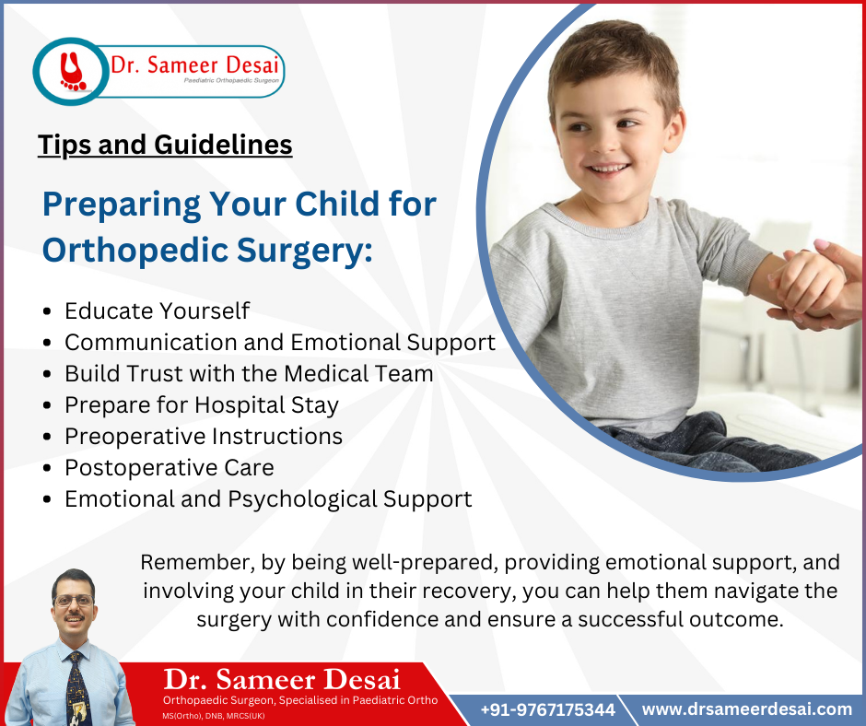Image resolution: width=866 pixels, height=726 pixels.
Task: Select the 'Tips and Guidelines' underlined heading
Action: click(x=165, y=145)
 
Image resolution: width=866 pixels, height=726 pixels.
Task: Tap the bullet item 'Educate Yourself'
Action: click(x=157, y=310)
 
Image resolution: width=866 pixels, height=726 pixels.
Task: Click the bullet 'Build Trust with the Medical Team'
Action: click(x=248, y=373)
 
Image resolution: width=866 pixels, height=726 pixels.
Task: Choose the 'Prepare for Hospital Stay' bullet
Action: click(x=201, y=404)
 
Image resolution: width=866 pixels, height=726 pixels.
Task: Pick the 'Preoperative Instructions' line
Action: click(x=203, y=436)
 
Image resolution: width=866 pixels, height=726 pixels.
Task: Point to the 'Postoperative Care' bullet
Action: click(x=169, y=467)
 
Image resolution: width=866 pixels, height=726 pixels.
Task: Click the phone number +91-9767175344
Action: click(x=547, y=709)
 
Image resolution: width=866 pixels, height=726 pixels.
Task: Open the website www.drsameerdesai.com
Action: click(x=746, y=708)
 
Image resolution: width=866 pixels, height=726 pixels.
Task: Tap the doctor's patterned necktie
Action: click(x=76, y=686)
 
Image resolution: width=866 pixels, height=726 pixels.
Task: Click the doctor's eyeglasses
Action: click(x=74, y=601)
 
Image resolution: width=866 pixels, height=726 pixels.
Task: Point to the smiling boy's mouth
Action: click(x=607, y=170)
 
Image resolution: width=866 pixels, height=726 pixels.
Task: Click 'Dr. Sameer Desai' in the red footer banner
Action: click(x=281, y=680)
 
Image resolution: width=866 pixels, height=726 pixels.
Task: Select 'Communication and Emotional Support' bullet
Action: click(x=279, y=342)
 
